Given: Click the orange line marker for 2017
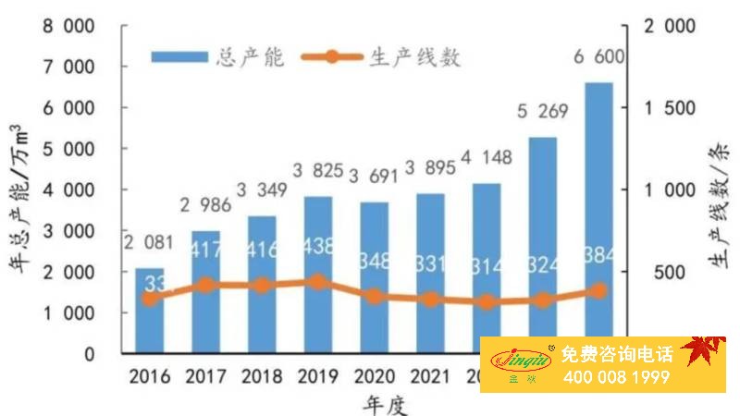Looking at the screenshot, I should (x=205, y=285).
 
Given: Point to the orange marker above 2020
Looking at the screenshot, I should (x=374, y=296).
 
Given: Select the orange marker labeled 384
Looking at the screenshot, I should (x=598, y=290).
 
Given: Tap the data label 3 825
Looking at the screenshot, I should (x=317, y=172).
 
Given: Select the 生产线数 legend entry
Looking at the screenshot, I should (x=388, y=56).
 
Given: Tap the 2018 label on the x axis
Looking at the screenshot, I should (x=261, y=377).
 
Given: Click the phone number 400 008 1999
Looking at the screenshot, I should (x=614, y=377).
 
